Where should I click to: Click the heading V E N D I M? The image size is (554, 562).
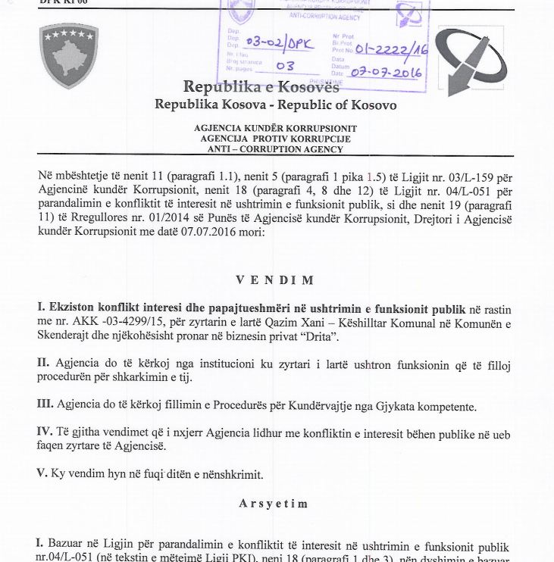(274, 280)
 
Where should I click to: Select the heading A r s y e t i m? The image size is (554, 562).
(275, 503)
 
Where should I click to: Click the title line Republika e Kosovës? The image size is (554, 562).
(261, 86)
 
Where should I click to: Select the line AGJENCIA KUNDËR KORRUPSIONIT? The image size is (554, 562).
(275, 129)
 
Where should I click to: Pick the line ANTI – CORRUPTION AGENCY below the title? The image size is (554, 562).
(275, 149)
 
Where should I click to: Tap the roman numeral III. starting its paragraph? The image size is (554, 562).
(45, 405)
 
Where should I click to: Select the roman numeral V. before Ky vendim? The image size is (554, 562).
(42, 473)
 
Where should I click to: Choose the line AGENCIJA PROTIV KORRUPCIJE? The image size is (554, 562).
(275, 139)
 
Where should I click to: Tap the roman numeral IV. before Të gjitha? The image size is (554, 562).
(45, 432)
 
